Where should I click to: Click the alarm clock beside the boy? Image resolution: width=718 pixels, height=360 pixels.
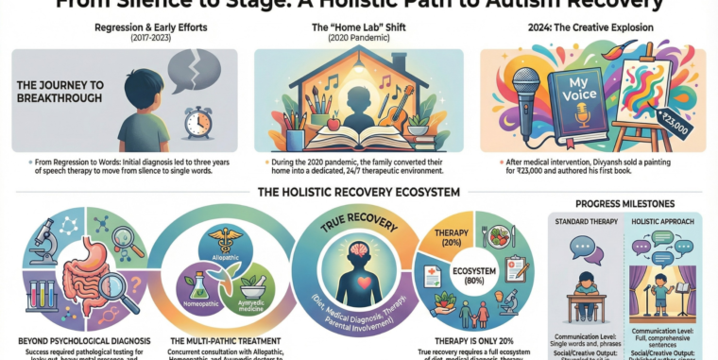click(x=198, y=120)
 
